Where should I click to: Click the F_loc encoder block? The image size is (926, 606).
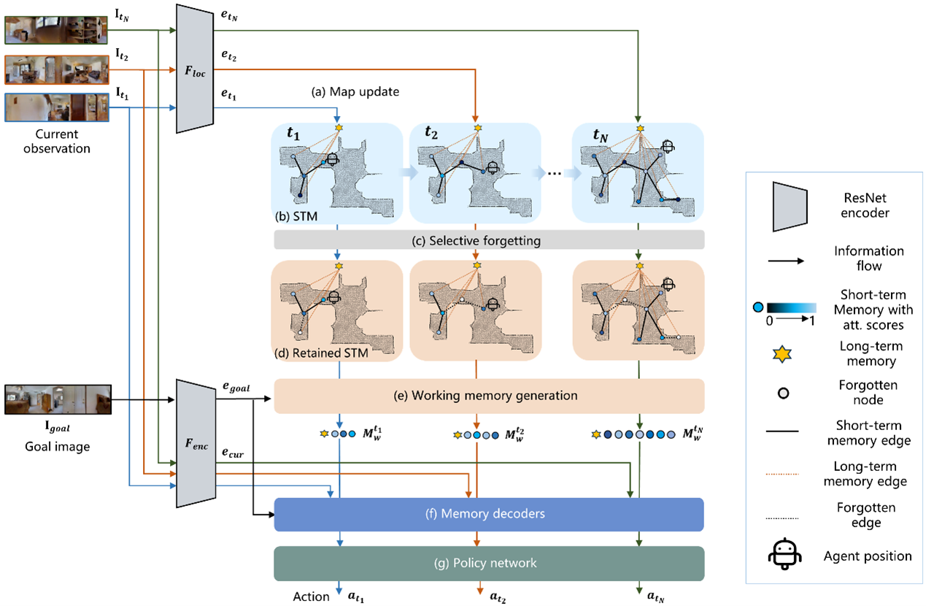pos(195,69)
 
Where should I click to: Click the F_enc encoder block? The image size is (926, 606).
pos(196,443)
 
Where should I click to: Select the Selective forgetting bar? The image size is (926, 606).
pos(489,240)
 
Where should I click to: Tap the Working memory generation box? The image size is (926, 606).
pos(489,396)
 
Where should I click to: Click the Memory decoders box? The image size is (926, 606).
pos(489,514)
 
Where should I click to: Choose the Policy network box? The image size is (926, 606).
pos(489,564)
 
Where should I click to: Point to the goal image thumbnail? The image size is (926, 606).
pos(58,399)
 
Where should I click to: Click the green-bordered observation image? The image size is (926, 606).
pos(56,30)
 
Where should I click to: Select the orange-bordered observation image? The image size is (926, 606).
pos(57,70)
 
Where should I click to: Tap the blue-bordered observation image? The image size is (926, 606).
pos(57,107)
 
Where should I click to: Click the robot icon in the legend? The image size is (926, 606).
pos(784,555)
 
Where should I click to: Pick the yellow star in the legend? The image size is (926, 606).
pos(782,354)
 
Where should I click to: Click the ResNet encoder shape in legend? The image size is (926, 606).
pos(790,207)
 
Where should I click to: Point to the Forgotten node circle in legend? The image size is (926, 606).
pos(784,393)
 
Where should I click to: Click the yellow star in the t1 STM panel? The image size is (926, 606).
pos(339,128)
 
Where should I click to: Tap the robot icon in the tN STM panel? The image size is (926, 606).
pos(668,147)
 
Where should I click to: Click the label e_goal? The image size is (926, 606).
pos(236,387)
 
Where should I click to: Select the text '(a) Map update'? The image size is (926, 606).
pos(355,91)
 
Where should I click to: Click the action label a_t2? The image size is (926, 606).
pos(498,597)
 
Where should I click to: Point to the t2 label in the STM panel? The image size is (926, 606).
pos(431,132)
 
